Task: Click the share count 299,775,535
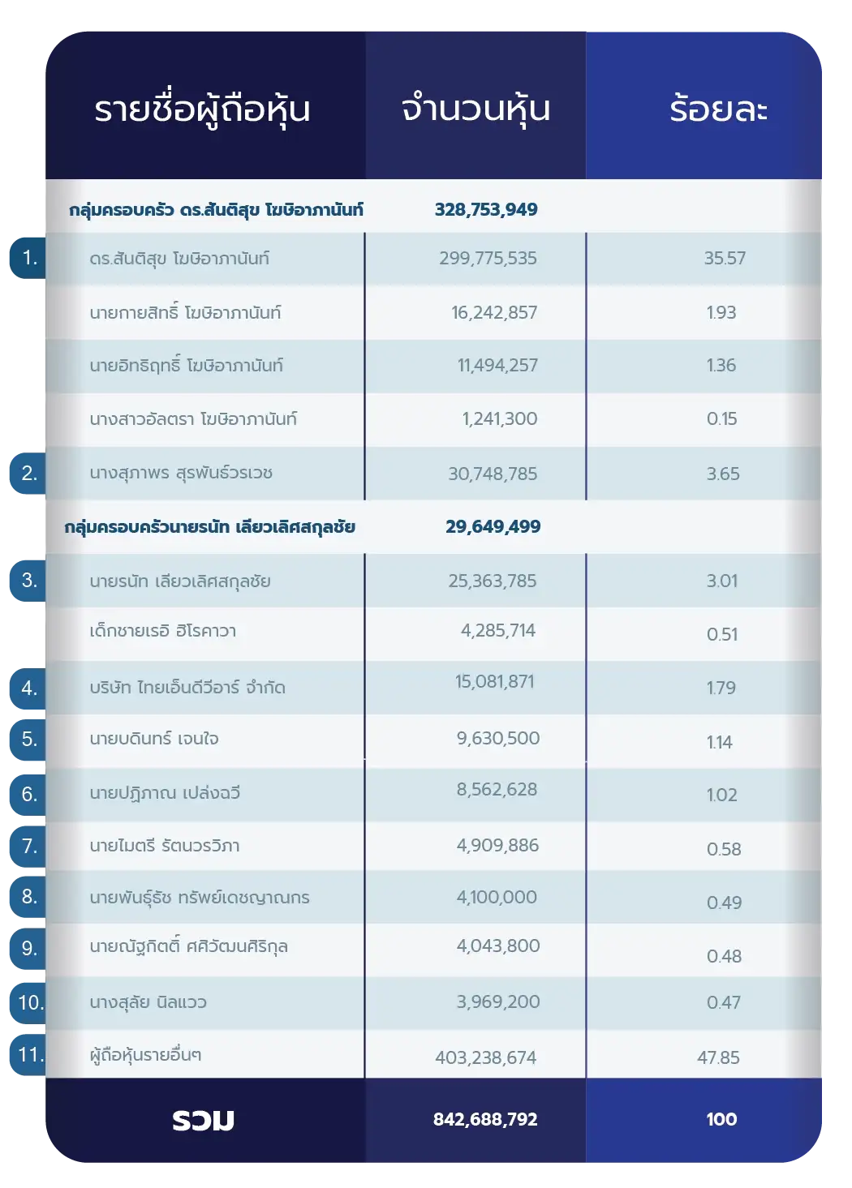click(488, 259)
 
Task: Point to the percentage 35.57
click(725, 259)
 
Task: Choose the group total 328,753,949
click(486, 210)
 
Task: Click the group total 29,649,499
click(493, 527)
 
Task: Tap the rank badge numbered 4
click(29, 688)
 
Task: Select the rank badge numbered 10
click(30, 1003)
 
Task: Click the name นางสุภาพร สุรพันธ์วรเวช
click(181, 474)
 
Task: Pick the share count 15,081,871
click(494, 682)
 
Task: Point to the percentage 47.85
click(718, 1057)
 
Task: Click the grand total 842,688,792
click(485, 1120)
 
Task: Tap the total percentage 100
click(721, 1120)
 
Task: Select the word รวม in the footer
click(203, 1121)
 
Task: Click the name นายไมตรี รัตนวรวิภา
click(165, 847)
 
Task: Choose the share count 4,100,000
click(497, 898)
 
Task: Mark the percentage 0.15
click(721, 419)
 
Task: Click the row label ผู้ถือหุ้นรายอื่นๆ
click(146, 1055)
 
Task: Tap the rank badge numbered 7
click(29, 847)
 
